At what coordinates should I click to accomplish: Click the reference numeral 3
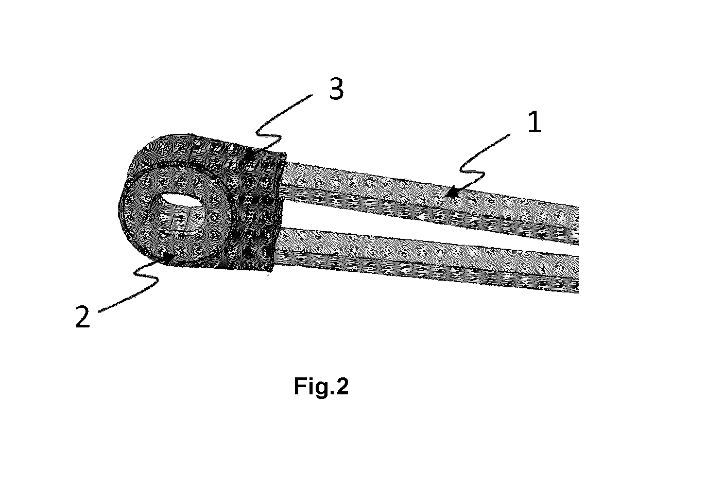click(336, 89)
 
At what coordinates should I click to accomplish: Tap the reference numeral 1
click(535, 121)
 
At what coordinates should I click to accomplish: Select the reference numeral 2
click(82, 317)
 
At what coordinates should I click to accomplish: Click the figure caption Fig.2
click(321, 386)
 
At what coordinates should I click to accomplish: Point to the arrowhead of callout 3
click(249, 156)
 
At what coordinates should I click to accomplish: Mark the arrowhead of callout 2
click(169, 258)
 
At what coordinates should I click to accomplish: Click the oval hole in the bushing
click(178, 213)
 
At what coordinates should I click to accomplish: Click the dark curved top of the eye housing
click(164, 148)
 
